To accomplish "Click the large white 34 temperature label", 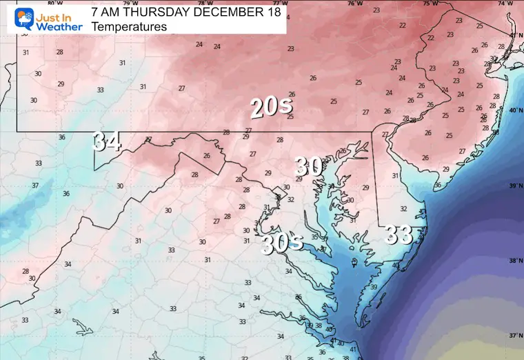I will pyautogui.click(x=107, y=142).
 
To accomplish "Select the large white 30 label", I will pyautogui.click(x=310, y=166).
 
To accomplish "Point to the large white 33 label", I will pyautogui.click(x=399, y=234).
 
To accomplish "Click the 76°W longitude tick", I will pyautogui.click(x=355, y=3).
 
